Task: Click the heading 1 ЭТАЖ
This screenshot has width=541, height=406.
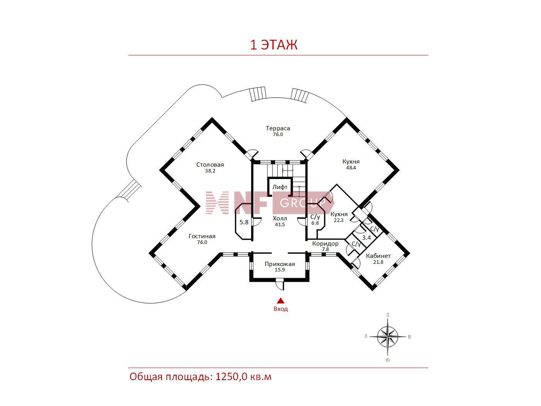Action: click(x=274, y=45)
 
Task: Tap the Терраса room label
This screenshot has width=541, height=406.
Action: click(x=278, y=128)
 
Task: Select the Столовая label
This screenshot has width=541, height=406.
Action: click(x=210, y=165)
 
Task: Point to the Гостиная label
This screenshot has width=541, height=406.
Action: click(x=202, y=236)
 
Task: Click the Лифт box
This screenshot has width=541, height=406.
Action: click(x=280, y=187)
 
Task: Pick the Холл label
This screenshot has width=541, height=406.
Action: click(x=280, y=218)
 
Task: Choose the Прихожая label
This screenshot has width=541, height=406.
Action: click(x=280, y=264)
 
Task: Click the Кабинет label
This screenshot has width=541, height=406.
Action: click(x=378, y=256)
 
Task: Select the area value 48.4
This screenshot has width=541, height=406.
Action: click(x=351, y=168)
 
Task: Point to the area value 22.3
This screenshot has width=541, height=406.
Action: click(x=339, y=220)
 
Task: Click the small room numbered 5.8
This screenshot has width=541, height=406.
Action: click(x=244, y=222)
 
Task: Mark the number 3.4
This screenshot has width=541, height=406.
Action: click(x=366, y=237)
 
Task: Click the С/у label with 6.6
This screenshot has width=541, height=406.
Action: click(x=315, y=217)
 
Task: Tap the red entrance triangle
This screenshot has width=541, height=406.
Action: click(x=281, y=301)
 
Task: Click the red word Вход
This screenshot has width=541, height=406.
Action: click(x=281, y=309)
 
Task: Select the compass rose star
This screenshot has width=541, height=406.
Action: click(x=388, y=337)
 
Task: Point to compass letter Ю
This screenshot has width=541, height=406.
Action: click(x=388, y=360)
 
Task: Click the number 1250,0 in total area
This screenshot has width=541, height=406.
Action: click(x=231, y=377)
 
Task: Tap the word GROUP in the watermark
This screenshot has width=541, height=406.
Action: click(x=303, y=203)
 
